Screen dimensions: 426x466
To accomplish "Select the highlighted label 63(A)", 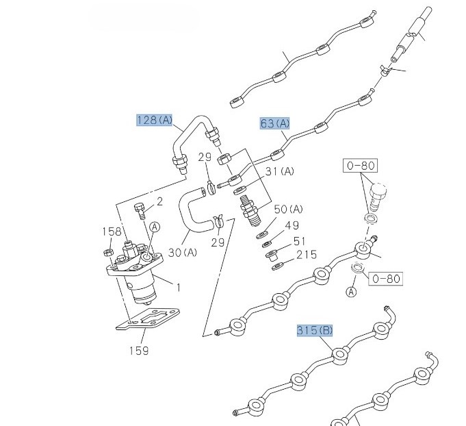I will tap(275, 123).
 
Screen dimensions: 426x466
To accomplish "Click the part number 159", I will tap(139, 351).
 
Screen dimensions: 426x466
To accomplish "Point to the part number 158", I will tap(112, 231).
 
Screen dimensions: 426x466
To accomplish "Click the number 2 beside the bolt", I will tap(160, 201).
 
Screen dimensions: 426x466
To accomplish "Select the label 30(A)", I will tap(183, 253).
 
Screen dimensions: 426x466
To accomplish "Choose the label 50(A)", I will tap(288, 208).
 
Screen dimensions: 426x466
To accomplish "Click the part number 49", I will tap(292, 225).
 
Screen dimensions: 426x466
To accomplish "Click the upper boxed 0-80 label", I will tap(360, 166).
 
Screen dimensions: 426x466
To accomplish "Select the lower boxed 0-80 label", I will tap(385, 278).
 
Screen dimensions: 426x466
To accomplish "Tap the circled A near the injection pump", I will tap(155, 227).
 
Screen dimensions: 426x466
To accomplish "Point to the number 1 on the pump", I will tap(179, 288).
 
